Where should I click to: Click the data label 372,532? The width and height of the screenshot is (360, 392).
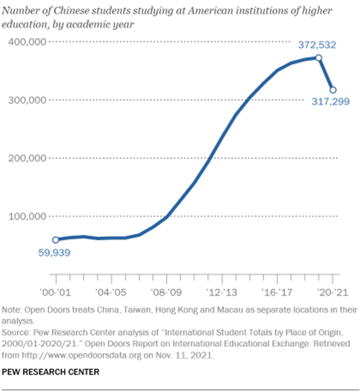point(317,45)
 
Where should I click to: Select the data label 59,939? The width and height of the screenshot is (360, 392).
point(55,253)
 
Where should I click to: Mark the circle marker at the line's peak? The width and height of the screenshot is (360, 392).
point(319,58)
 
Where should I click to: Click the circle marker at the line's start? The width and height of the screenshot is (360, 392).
point(55,240)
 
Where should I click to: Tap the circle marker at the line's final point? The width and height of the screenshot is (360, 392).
point(333,90)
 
